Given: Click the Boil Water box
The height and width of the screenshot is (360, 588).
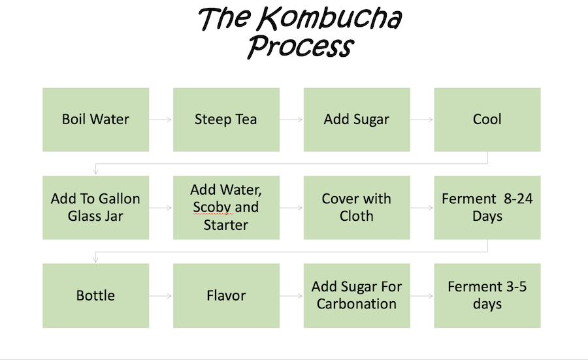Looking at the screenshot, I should point(95,120).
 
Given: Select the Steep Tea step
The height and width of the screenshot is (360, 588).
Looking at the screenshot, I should point(226,120).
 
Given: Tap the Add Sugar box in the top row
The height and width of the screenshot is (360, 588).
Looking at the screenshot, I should point(357,120).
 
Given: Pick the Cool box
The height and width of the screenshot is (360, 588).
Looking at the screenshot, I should point(487,120).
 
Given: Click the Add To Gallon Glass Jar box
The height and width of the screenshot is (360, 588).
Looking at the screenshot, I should point(95,207).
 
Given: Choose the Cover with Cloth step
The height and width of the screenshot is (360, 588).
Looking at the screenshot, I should point(357,207).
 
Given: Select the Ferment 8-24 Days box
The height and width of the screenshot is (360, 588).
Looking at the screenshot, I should point(487,207).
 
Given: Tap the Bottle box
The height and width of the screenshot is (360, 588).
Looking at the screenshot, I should point(95,295).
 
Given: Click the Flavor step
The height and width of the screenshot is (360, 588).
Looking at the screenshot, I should point(226,295).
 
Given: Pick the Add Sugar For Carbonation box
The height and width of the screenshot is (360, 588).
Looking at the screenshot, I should point(357,295).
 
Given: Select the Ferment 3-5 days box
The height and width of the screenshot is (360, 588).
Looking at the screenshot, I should point(487,295).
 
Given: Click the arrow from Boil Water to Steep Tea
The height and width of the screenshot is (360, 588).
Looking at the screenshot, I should point(161,120).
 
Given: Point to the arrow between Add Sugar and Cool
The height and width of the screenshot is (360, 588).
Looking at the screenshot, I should point(422,120).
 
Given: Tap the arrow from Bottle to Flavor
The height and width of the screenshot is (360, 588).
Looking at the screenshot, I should point(161,295).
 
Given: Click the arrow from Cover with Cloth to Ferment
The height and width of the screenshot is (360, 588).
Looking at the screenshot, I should point(422,208).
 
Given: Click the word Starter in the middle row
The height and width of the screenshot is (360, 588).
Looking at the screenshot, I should point(226,225).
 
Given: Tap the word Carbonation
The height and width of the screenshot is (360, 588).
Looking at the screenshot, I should point(357,304).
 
